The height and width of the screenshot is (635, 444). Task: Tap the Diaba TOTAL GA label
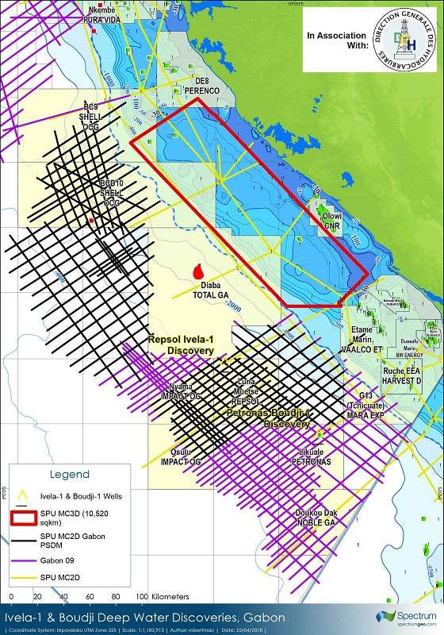210,288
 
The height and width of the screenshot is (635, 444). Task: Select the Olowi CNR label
331,218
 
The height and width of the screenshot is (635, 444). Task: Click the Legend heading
70,474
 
